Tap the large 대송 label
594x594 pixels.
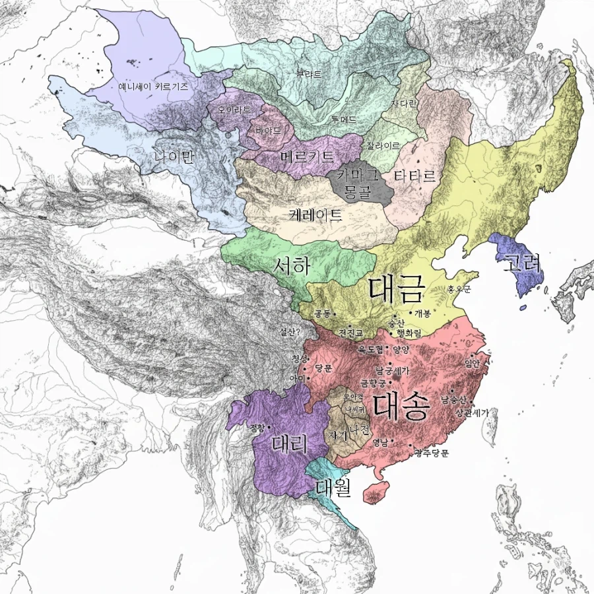click(401, 407)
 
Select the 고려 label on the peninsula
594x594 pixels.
click(522, 264)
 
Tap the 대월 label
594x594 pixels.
click(333, 488)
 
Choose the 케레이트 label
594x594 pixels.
click(315, 214)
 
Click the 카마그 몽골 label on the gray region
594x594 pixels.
click(356, 181)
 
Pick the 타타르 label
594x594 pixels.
click(414, 176)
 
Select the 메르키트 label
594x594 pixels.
click(307, 157)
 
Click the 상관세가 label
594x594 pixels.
click(472, 412)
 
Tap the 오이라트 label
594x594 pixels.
click(230, 110)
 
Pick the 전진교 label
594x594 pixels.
click(350, 331)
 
